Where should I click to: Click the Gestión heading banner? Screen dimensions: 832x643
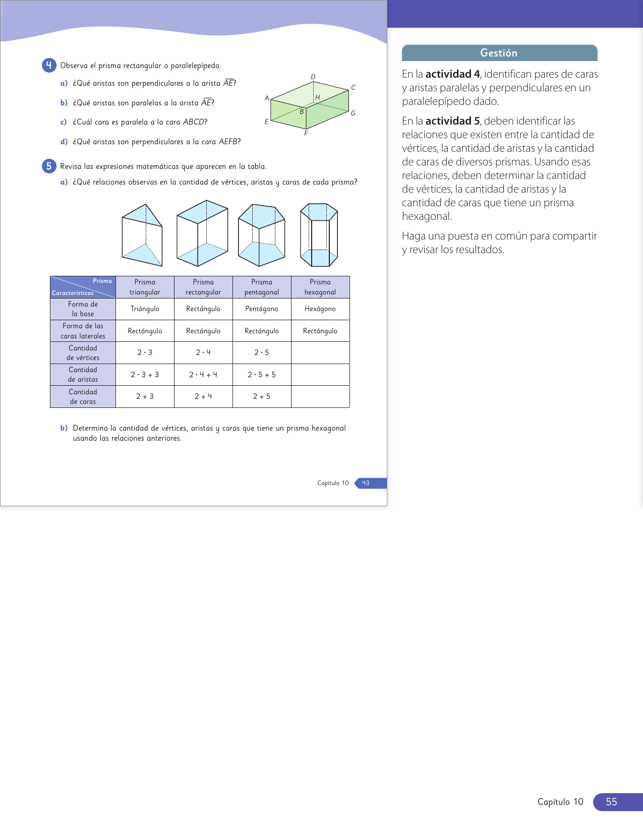[499, 53]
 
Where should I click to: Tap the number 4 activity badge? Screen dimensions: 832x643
[49, 65]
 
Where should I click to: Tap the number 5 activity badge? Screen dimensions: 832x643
[49, 166]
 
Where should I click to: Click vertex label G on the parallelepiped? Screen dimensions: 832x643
[353, 113]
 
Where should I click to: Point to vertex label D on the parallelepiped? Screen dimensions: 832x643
[313, 77]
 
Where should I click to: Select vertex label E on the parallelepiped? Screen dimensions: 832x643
[267, 122]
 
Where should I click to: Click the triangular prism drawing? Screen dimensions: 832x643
[142, 235]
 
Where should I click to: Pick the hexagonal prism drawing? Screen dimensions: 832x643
[319, 235]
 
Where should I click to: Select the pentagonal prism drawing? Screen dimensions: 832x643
[261, 235]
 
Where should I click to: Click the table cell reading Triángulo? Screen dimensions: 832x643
[145, 309]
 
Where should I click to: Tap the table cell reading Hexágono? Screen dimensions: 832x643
[320, 309]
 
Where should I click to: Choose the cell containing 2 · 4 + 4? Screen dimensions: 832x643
[203, 375]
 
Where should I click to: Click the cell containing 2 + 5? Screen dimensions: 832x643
[262, 397]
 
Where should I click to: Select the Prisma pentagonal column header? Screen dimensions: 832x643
[262, 287]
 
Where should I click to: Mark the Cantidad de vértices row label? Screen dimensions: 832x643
[83, 353]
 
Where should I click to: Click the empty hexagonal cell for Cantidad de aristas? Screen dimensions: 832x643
[320, 375]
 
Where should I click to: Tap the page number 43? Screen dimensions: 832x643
[366, 483]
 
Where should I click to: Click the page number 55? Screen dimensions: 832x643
[611, 802]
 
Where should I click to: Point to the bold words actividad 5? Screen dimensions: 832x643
[452, 121]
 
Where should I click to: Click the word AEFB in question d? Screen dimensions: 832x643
[228, 142]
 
